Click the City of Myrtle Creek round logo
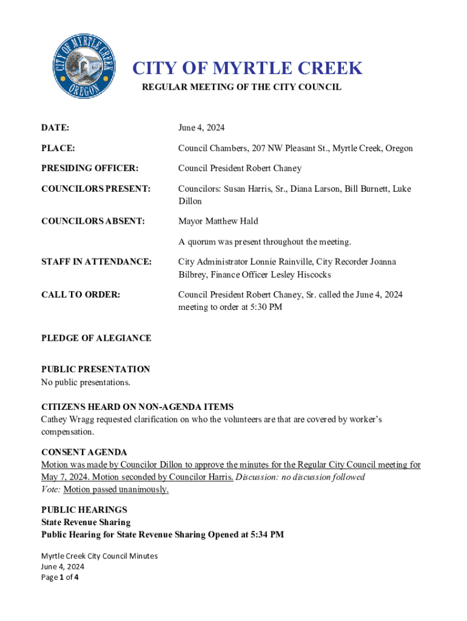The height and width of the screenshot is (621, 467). [x=84, y=67]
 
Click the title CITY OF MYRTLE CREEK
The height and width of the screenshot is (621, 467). [x=247, y=68]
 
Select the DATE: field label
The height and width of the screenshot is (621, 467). [x=55, y=128]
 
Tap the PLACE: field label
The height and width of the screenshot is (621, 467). [x=58, y=148]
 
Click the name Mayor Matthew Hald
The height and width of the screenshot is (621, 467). [x=218, y=221]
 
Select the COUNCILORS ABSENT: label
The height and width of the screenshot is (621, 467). [x=93, y=221]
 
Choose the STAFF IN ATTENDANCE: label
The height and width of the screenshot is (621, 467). [x=96, y=262]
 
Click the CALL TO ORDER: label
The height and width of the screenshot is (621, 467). [x=81, y=295]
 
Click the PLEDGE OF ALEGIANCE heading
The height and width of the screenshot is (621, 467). [x=96, y=338]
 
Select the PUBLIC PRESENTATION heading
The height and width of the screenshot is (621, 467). [x=95, y=369]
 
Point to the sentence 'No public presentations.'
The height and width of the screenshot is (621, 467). [x=86, y=382]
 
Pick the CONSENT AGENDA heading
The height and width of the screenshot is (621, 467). [x=84, y=452]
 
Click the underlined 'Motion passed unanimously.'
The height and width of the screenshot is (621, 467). [x=116, y=489]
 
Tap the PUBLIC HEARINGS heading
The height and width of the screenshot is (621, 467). [x=84, y=510]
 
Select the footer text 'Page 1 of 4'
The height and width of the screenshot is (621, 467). [x=59, y=577]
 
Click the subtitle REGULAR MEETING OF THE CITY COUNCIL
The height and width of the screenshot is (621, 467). [x=241, y=87]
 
